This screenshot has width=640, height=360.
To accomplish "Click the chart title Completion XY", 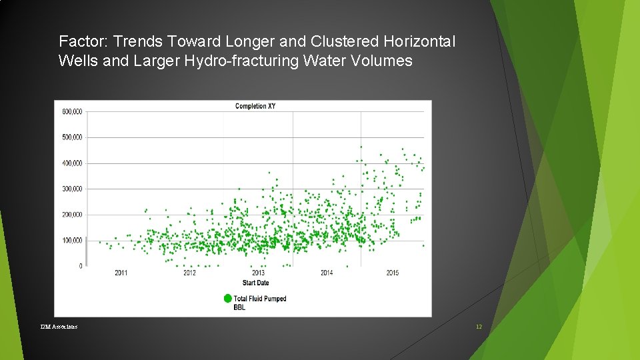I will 255,106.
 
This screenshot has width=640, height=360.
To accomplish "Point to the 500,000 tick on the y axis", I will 72,137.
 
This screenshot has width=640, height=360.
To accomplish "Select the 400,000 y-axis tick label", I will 72,163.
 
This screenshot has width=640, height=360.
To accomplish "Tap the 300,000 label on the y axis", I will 72,189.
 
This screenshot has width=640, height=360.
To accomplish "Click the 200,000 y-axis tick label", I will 72,215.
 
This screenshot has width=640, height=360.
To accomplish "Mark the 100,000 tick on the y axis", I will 72,241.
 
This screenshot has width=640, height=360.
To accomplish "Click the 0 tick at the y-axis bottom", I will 81,266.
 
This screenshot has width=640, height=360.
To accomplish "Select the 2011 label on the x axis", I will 121,273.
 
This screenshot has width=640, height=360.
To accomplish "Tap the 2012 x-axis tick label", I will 189,273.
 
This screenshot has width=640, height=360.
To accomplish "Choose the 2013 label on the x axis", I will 258,273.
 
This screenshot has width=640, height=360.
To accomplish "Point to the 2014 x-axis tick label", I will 327,273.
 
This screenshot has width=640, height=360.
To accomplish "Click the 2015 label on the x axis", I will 393,273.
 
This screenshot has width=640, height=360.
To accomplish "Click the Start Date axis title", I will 255,283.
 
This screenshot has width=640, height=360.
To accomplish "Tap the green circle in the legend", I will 228,299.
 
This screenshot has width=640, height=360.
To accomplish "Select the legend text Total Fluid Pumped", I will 260,299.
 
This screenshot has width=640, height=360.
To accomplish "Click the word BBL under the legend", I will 239,308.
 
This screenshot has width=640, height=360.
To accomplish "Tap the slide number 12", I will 478,327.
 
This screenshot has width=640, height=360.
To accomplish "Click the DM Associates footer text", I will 59,327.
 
